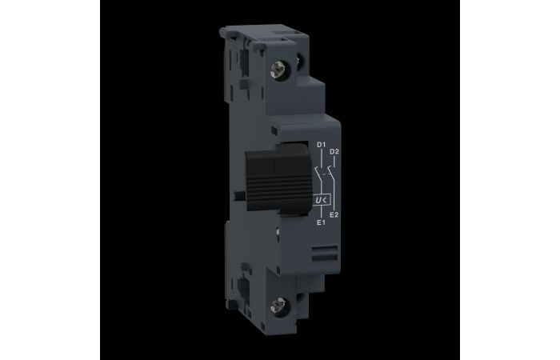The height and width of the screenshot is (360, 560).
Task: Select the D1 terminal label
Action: point(321,145)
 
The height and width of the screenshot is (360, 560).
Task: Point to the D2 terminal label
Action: point(334,151)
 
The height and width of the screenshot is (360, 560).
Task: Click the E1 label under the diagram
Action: point(320,222)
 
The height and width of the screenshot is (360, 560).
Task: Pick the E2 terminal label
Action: point(334,214)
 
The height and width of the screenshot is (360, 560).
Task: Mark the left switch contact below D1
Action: point(321,172)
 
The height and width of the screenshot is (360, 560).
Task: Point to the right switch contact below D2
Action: point(331,172)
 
